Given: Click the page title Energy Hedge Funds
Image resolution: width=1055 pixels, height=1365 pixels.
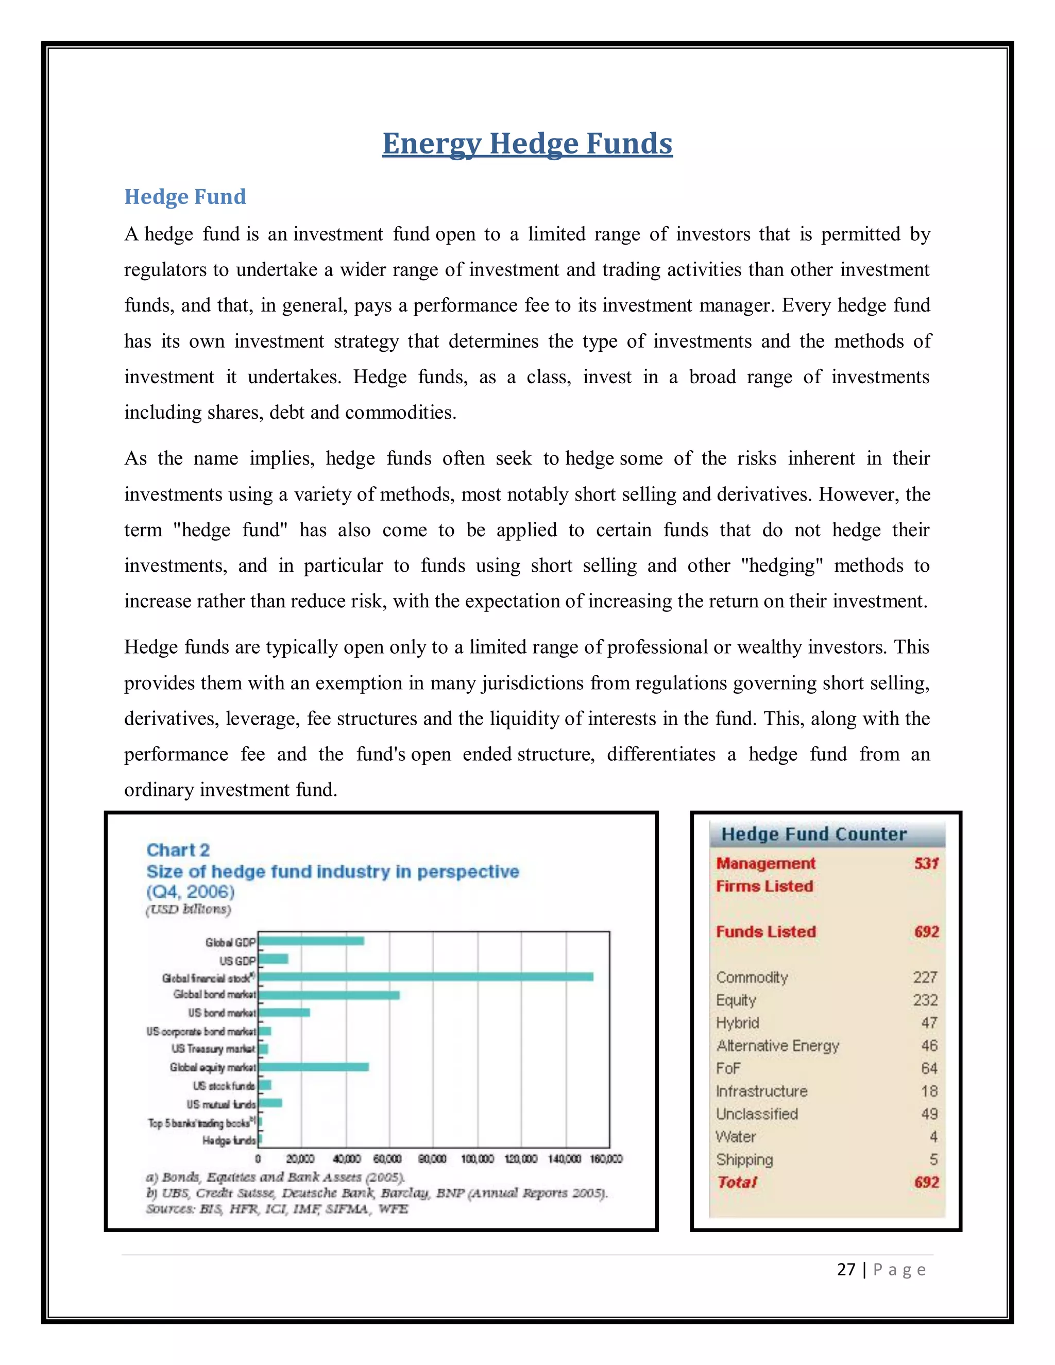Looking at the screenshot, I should tap(527, 143).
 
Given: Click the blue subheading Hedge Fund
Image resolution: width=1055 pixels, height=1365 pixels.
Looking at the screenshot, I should tap(185, 196).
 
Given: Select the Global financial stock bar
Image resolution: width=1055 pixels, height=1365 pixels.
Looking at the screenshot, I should tap(425, 976).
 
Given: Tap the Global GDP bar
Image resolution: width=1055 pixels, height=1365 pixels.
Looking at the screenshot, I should tap(311, 941).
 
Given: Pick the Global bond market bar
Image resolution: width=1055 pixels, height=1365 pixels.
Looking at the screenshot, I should tap(329, 994).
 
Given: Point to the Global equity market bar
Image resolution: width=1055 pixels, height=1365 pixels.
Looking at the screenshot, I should tap(313, 1067).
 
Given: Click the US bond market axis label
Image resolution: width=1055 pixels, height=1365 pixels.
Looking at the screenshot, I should tap(222, 1013).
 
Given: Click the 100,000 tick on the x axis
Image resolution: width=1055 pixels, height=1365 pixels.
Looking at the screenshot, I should tap(478, 1159).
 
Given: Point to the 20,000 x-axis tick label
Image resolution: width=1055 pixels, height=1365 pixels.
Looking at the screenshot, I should tap(301, 1159).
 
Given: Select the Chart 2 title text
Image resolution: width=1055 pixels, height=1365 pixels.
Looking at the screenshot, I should tap(178, 850).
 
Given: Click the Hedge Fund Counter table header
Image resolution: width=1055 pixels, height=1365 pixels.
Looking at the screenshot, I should tap(814, 834).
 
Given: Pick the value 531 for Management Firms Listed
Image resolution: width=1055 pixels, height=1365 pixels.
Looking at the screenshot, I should tap(926, 863).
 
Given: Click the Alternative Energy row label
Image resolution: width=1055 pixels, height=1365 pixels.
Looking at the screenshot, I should tap(777, 1046).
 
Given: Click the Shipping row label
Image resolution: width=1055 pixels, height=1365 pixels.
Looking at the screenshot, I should tap(744, 1159).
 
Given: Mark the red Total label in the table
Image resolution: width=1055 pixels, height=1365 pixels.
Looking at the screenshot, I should tap(737, 1183).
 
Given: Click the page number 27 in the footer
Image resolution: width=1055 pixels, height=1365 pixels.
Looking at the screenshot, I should tap(846, 1269).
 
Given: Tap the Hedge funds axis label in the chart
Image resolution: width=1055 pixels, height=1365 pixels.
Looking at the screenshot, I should tap(229, 1140).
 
